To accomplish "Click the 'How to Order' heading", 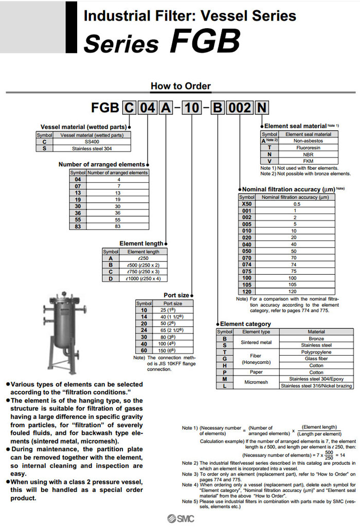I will tap(181, 86).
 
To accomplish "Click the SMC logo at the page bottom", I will tap(180, 518).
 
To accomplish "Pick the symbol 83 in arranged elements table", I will tap(78, 226).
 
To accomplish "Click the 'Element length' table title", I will tap(141, 243).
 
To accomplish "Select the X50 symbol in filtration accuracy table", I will tap(247, 204).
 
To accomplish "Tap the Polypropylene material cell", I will tap(316, 352).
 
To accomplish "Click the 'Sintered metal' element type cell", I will tap(256, 342).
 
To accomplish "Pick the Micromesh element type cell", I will tap(256, 382).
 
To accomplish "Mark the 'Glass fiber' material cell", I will tap(316, 359).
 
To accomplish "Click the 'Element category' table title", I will tap(245, 324).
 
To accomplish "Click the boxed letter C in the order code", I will tap(129, 108).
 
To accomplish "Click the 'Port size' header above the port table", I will tap(176, 295).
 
